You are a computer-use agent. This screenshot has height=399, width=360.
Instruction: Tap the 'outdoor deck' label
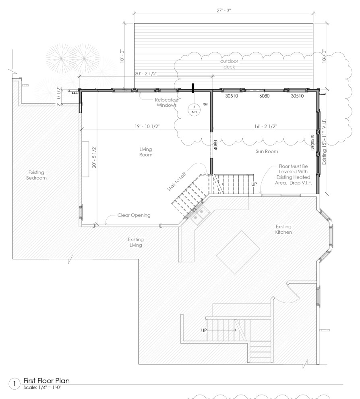[x=229, y=64]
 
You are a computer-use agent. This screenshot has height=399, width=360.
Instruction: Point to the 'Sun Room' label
[x=267, y=152]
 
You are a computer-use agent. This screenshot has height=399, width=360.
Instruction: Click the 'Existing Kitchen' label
[x=283, y=229]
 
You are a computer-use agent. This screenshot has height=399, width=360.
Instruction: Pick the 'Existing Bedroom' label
[x=37, y=175]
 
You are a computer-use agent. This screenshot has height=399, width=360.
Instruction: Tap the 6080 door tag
[x=265, y=96]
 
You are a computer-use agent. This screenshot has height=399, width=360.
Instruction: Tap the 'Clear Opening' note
[x=134, y=215]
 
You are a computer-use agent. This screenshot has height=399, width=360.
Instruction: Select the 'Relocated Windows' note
[x=167, y=102]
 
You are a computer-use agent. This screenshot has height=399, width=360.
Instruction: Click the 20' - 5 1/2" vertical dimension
[x=94, y=157]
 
